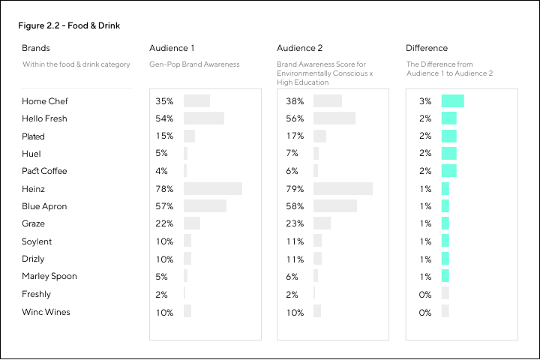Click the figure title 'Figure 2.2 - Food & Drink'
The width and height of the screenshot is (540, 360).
[69, 26]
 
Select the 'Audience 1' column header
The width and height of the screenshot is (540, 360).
[172, 48]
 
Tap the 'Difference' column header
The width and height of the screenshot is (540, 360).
[427, 48]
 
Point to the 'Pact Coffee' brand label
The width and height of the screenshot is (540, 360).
[44, 171]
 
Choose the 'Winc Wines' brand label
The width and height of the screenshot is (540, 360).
[46, 312]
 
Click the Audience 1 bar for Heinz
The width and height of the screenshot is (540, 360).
[213, 189]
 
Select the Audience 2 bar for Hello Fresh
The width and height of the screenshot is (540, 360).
[334, 118]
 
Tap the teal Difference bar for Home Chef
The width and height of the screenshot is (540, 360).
[453, 101]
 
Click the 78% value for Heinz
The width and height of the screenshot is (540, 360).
[164, 189]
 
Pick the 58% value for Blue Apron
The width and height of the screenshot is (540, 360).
[295, 206]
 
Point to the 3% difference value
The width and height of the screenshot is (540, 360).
[425, 101]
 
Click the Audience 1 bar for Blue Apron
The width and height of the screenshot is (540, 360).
[205, 206]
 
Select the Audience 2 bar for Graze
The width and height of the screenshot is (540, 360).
[322, 223]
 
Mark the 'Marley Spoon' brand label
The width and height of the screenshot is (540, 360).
[49, 276]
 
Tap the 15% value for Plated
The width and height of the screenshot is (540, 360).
[164, 136]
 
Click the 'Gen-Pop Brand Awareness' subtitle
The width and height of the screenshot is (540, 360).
[194, 64]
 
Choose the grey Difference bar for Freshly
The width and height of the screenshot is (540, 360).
[445, 294]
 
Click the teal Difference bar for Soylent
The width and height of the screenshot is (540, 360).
[445, 241]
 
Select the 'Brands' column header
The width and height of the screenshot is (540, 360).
[36, 48]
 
